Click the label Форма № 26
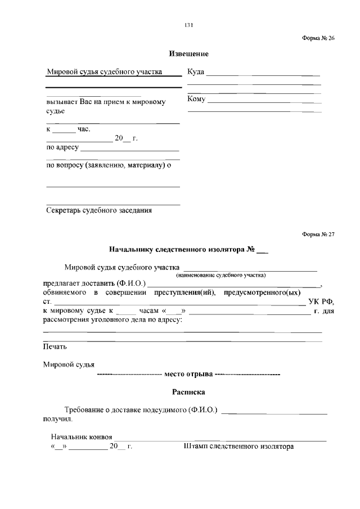point(318,38)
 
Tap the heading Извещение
point(189,54)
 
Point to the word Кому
point(197,100)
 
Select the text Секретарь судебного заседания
point(99,211)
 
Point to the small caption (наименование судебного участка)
point(220,276)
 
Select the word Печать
point(55,346)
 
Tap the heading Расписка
point(188,391)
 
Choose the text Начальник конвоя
point(82,437)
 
